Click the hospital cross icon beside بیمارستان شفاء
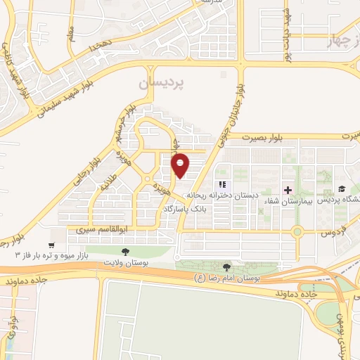pyautogui.click(x=288, y=190)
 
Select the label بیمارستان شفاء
pyautogui.click(x=282, y=202)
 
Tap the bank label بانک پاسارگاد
pyautogui.click(x=184, y=209)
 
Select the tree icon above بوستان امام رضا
pyautogui.click(x=226, y=267)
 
